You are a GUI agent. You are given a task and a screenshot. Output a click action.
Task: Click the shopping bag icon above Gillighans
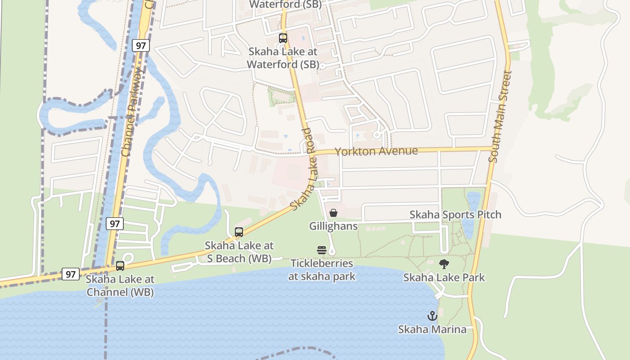click(333, 213)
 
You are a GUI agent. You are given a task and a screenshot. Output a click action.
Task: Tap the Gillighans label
click(333, 226)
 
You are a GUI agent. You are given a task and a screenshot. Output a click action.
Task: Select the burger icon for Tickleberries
click(322, 250)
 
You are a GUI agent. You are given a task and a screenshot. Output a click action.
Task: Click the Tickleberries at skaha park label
click(322, 270)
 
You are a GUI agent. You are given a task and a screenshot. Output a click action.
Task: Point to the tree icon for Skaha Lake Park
click(444, 264)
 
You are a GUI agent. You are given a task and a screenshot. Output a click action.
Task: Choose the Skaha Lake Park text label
click(444, 277)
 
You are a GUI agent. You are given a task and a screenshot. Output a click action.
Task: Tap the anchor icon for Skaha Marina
click(432, 316)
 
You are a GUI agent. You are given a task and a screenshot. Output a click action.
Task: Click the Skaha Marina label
click(432, 329)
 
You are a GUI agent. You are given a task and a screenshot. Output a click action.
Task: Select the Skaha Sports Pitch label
click(455, 215)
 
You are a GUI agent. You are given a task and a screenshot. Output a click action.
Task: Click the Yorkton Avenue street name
click(376, 151)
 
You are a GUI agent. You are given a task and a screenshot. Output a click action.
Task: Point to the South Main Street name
click(500, 117)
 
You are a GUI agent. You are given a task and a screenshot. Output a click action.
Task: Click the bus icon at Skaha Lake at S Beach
click(239, 232)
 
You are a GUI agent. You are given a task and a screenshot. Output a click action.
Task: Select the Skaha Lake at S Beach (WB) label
click(239, 252)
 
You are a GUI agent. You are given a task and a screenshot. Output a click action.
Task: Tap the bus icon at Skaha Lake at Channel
click(120, 266)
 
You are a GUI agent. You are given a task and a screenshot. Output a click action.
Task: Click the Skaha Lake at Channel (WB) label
click(120, 286)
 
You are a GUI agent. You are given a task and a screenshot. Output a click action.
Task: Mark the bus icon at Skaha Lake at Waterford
click(283, 38)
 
